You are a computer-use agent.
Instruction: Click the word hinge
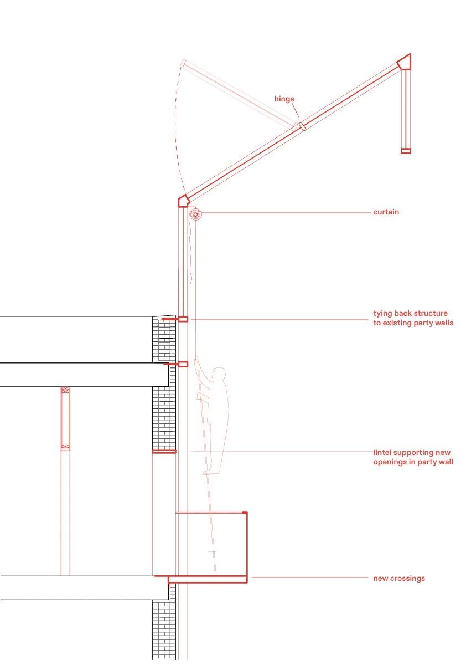coord(284,99)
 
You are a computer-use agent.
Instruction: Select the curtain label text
coord(386,212)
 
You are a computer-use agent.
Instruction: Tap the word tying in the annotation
coord(384,314)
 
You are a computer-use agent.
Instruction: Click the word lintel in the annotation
coord(384,452)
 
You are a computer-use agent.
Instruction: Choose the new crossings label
coord(399,578)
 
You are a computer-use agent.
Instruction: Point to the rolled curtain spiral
coord(194,214)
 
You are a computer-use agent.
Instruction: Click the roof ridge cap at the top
coord(405,61)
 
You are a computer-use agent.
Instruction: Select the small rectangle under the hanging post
coord(406,150)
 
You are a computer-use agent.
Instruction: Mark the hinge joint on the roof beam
coord(302,126)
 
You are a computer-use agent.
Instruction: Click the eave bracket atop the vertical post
coord(183,200)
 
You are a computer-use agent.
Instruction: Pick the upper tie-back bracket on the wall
coord(183,319)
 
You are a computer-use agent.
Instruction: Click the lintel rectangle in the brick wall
coord(164,452)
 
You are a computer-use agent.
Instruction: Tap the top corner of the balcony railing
coord(245,513)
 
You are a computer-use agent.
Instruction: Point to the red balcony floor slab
coord(208,579)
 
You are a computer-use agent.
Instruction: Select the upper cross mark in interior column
coord(65,390)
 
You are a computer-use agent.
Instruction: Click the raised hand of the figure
coord(198,361)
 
